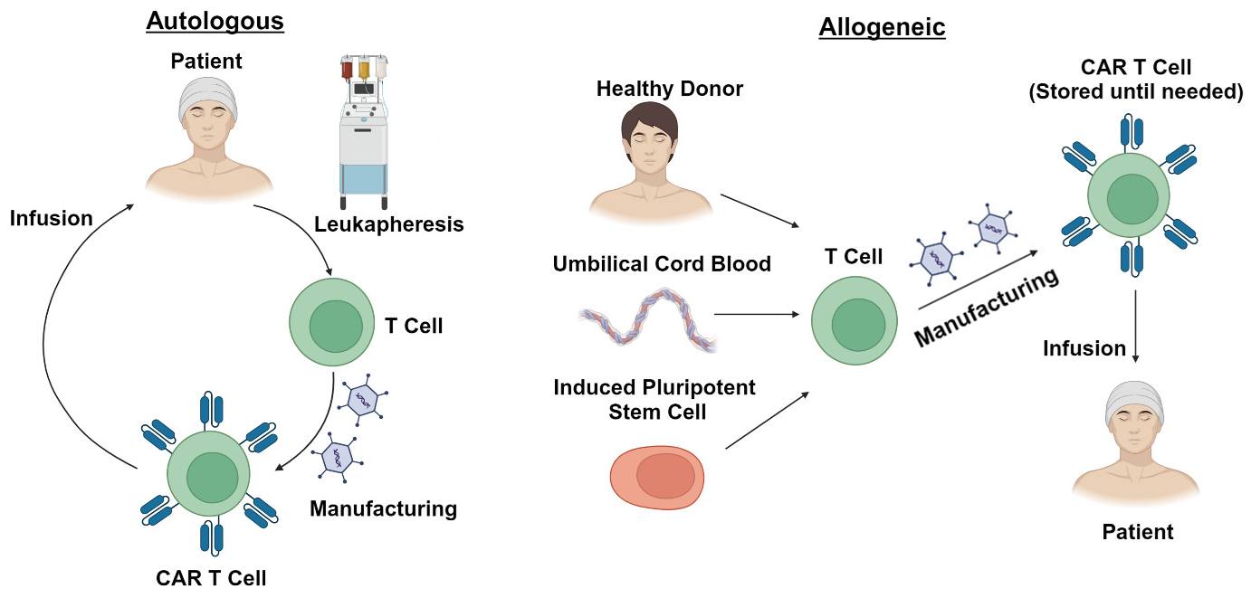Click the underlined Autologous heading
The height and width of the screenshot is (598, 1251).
pyautogui.click(x=215, y=20)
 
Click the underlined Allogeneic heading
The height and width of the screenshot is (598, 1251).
pyautogui.click(x=882, y=27)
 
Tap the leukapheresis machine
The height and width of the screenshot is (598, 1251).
pyautogui.click(x=363, y=131)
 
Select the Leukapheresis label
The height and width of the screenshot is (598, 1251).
pyautogui.click(x=389, y=224)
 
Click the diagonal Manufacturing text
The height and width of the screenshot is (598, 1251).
pyautogui.click(x=986, y=308)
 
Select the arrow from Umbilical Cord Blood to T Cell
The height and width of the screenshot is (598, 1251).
pyautogui.click(x=757, y=315)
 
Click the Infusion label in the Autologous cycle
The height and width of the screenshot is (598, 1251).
pyautogui.click(x=52, y=218)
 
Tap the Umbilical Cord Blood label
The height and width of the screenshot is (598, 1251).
pyautogui.click(x=663, y=264)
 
